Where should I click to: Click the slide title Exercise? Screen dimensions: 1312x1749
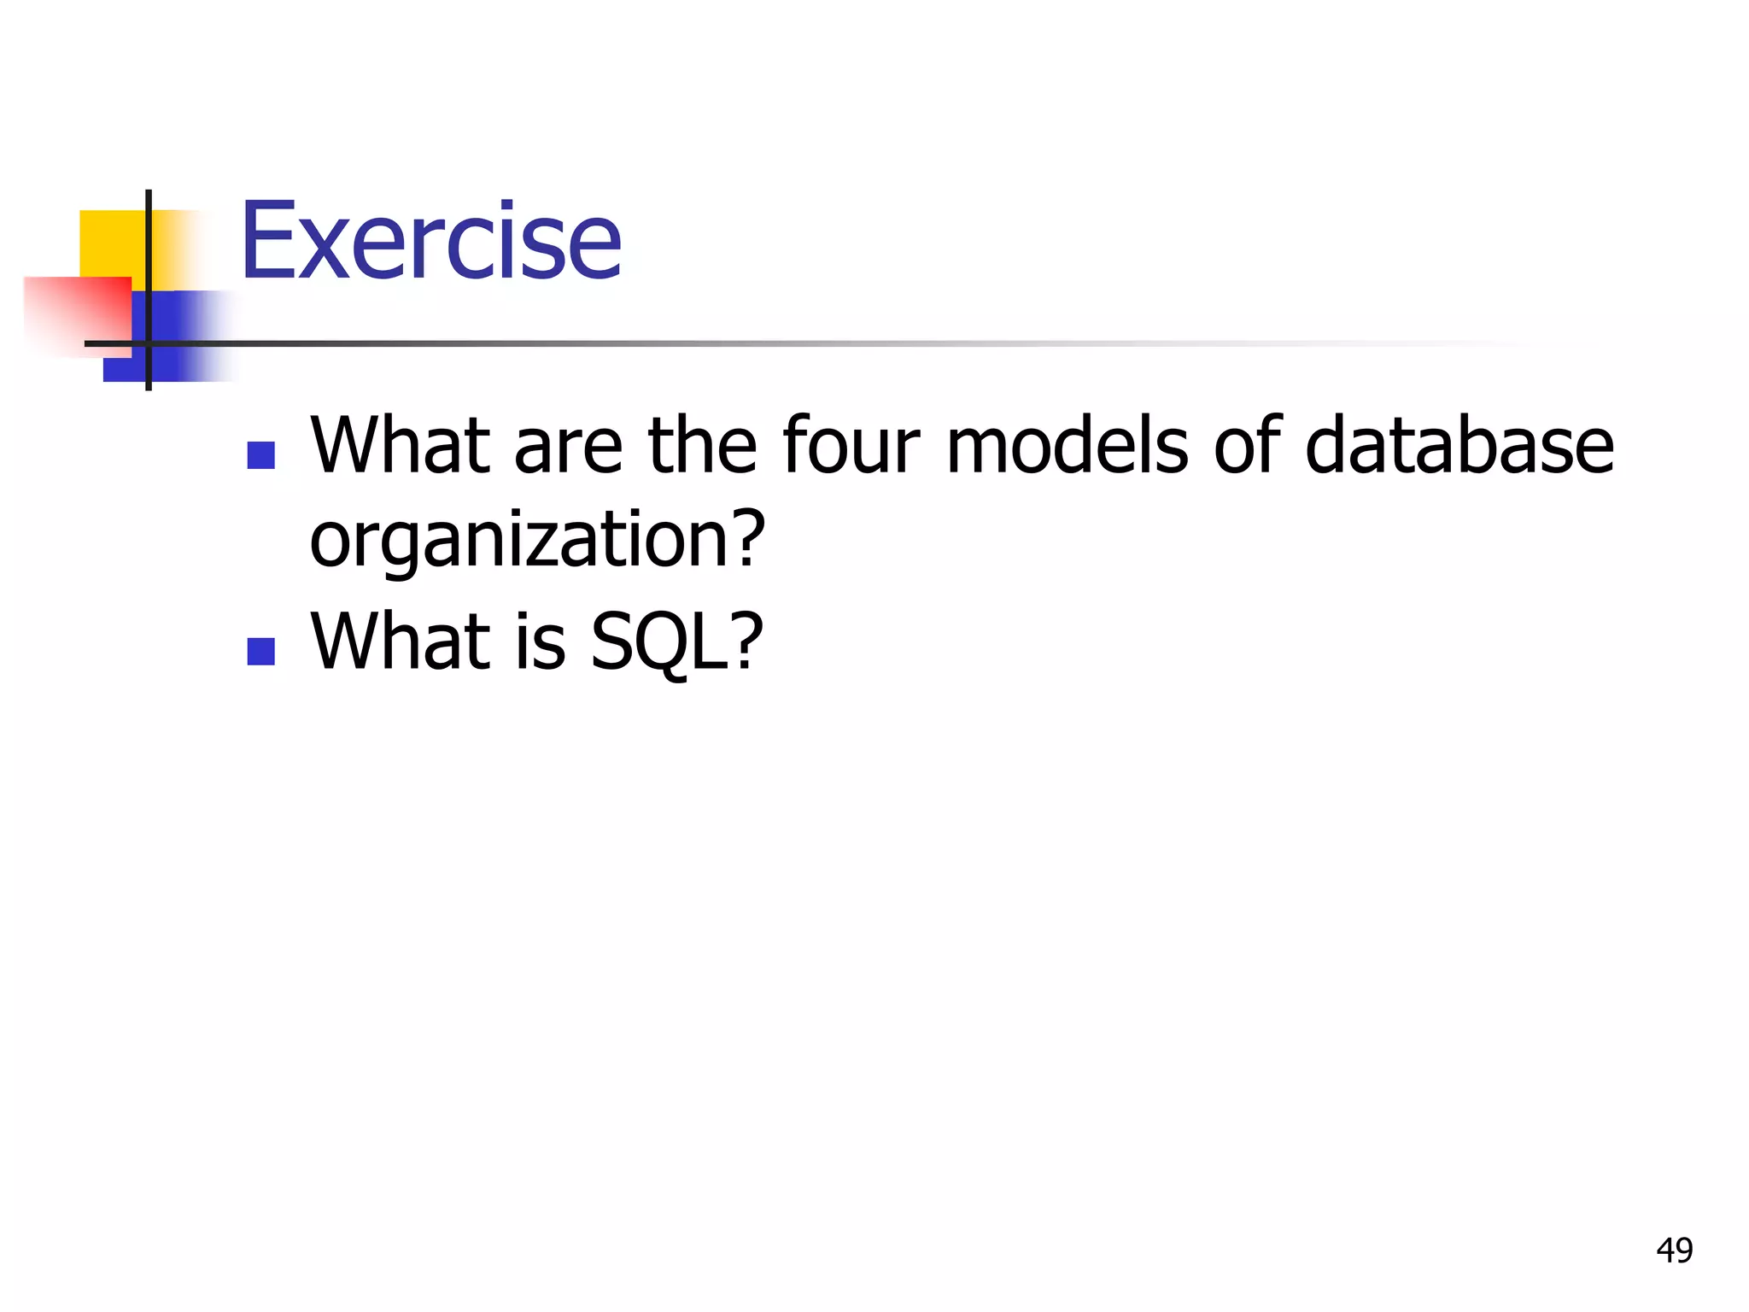pos(431,241)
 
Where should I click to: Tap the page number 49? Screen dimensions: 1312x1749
pos(1674,1250)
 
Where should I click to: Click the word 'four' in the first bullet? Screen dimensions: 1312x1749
pos(851,446)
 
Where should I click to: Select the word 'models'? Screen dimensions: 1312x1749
pos(1067,446)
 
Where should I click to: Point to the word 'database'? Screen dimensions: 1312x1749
pos(1459,446)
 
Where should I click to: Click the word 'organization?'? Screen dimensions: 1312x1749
pos(537,540)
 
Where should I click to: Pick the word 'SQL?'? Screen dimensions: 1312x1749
pos(676,642)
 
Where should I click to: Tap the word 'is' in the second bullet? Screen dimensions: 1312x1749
pos(540,642)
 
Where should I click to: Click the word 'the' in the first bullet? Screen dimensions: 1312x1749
pos(702,446)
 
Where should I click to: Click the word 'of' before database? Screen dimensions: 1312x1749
pos(1247,446)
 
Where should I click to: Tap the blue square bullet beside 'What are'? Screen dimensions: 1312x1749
pos(260,455)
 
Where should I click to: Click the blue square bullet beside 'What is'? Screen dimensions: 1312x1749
pos(260,651)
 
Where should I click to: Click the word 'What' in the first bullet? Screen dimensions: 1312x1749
pos(400,446)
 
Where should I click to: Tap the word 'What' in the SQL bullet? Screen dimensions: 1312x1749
pos(400,642)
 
